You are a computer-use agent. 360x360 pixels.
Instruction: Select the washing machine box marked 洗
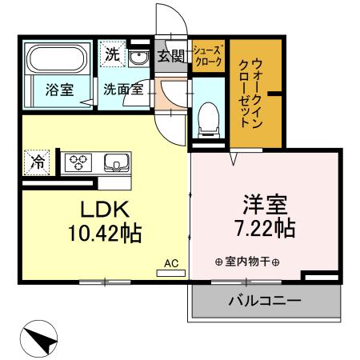click(x=111, y=57)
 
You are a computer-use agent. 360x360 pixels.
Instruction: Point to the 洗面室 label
click(x=122, y=89)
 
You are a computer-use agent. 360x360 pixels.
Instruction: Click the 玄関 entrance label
click(x=170, y=56)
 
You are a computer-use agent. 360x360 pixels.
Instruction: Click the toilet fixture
click(x=208, y=115)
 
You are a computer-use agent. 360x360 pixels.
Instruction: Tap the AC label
click(x=171, y=262)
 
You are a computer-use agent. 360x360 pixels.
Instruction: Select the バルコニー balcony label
click(x=264, y=302)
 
